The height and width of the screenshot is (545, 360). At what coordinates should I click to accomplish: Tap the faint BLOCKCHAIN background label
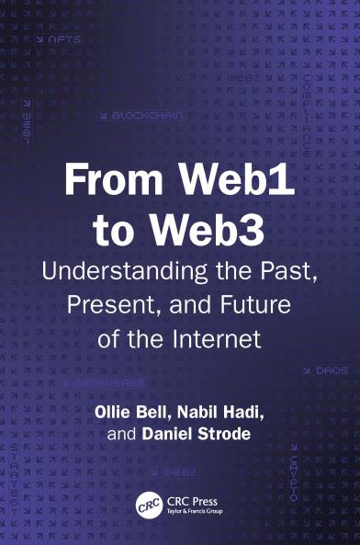(146, 117)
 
